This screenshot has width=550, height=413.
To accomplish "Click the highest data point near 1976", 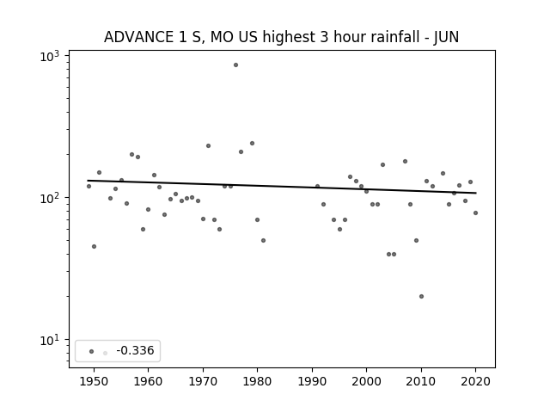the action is pos(235,65).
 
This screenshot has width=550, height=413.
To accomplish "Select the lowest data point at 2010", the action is pos(421,296).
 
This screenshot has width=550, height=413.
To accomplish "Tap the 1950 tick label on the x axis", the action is pos(94,381).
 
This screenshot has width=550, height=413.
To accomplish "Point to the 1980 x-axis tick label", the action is pos(257,381).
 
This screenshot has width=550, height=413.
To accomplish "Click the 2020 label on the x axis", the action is pos(475,381).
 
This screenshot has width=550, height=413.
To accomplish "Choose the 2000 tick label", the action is pos(366,381).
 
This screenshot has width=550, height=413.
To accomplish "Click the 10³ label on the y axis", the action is pos(50,56).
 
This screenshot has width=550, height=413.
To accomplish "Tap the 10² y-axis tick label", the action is pos(50,198).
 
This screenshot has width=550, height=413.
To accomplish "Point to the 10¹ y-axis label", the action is pos(50,340).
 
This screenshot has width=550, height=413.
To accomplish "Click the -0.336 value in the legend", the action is pos(135,350).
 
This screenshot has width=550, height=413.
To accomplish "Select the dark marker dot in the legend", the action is pos(92,351).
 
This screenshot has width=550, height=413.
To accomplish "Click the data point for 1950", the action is pos(94,247).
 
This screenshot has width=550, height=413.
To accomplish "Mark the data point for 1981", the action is pos(264,241).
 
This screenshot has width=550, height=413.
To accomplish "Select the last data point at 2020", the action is pos(475,213).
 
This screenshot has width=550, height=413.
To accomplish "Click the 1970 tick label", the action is pos(203,381).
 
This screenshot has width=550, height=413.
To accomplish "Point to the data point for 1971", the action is pos(208,145).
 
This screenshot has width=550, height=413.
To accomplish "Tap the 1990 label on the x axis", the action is pos(312,381).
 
